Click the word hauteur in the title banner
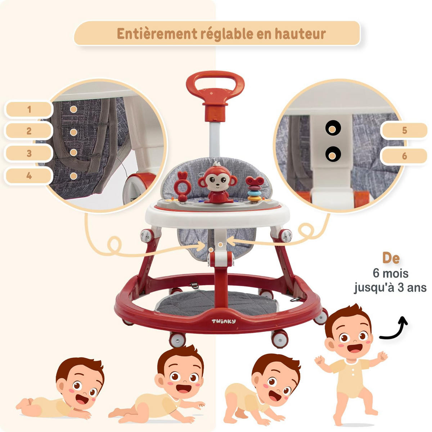(x=300, y=34)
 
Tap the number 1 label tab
(x=29, y=109)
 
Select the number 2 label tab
(x=29, y=131)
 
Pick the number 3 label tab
(x=29, y=153)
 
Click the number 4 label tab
(x=29, y=176)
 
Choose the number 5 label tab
(x=404, y=130)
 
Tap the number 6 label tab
(x=404, y=156)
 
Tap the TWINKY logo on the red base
(x=223, y=321)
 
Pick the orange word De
(x=391, y=258)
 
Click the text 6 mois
(x=391, y=273)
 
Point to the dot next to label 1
(x=73, y=109)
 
